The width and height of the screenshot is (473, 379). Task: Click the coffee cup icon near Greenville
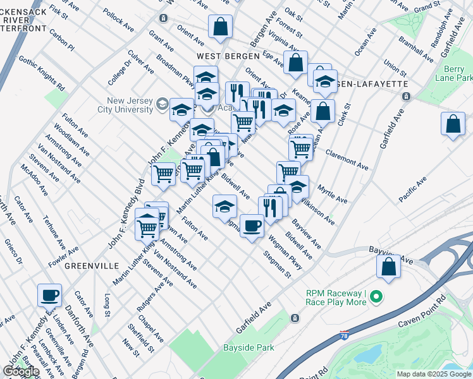pyautogui.click(x=50, y=295)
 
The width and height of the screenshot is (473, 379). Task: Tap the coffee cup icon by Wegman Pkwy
pyautogui.click(x=252, y=226)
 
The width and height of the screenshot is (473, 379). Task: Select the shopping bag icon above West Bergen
pyautogui.click(x=220, y=27)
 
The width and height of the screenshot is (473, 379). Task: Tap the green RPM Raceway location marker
pyautogui.click(x=376, y=296)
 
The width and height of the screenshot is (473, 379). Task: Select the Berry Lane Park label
pyautogui.click(x=453, y=73)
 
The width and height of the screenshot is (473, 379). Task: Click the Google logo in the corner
pyautogui.click(x=20, y=371)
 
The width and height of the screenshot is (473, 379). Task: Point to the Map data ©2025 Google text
pyautogui.click(x=434, y=374)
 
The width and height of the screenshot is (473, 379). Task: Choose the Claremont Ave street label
pyautogui.click(x=347, y=159)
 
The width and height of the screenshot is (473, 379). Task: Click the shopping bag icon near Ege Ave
pyautogui.click(x=295, y=63)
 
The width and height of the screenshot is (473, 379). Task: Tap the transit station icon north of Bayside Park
pyautogui.click(x=294, y=318)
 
